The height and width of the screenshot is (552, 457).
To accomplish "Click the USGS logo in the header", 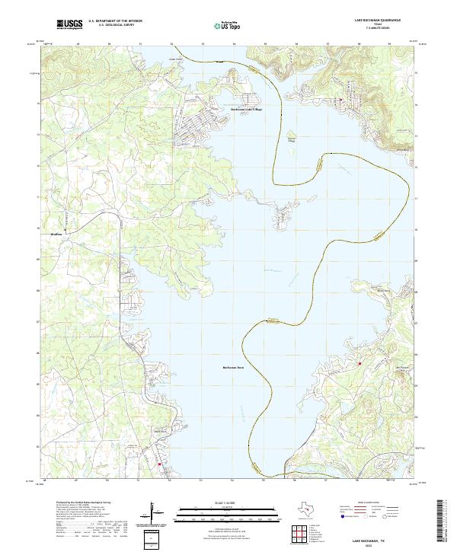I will [69, 24].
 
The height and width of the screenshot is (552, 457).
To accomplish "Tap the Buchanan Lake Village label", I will [246, 110].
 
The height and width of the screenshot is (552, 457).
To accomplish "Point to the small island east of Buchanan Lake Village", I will [291, 137].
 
